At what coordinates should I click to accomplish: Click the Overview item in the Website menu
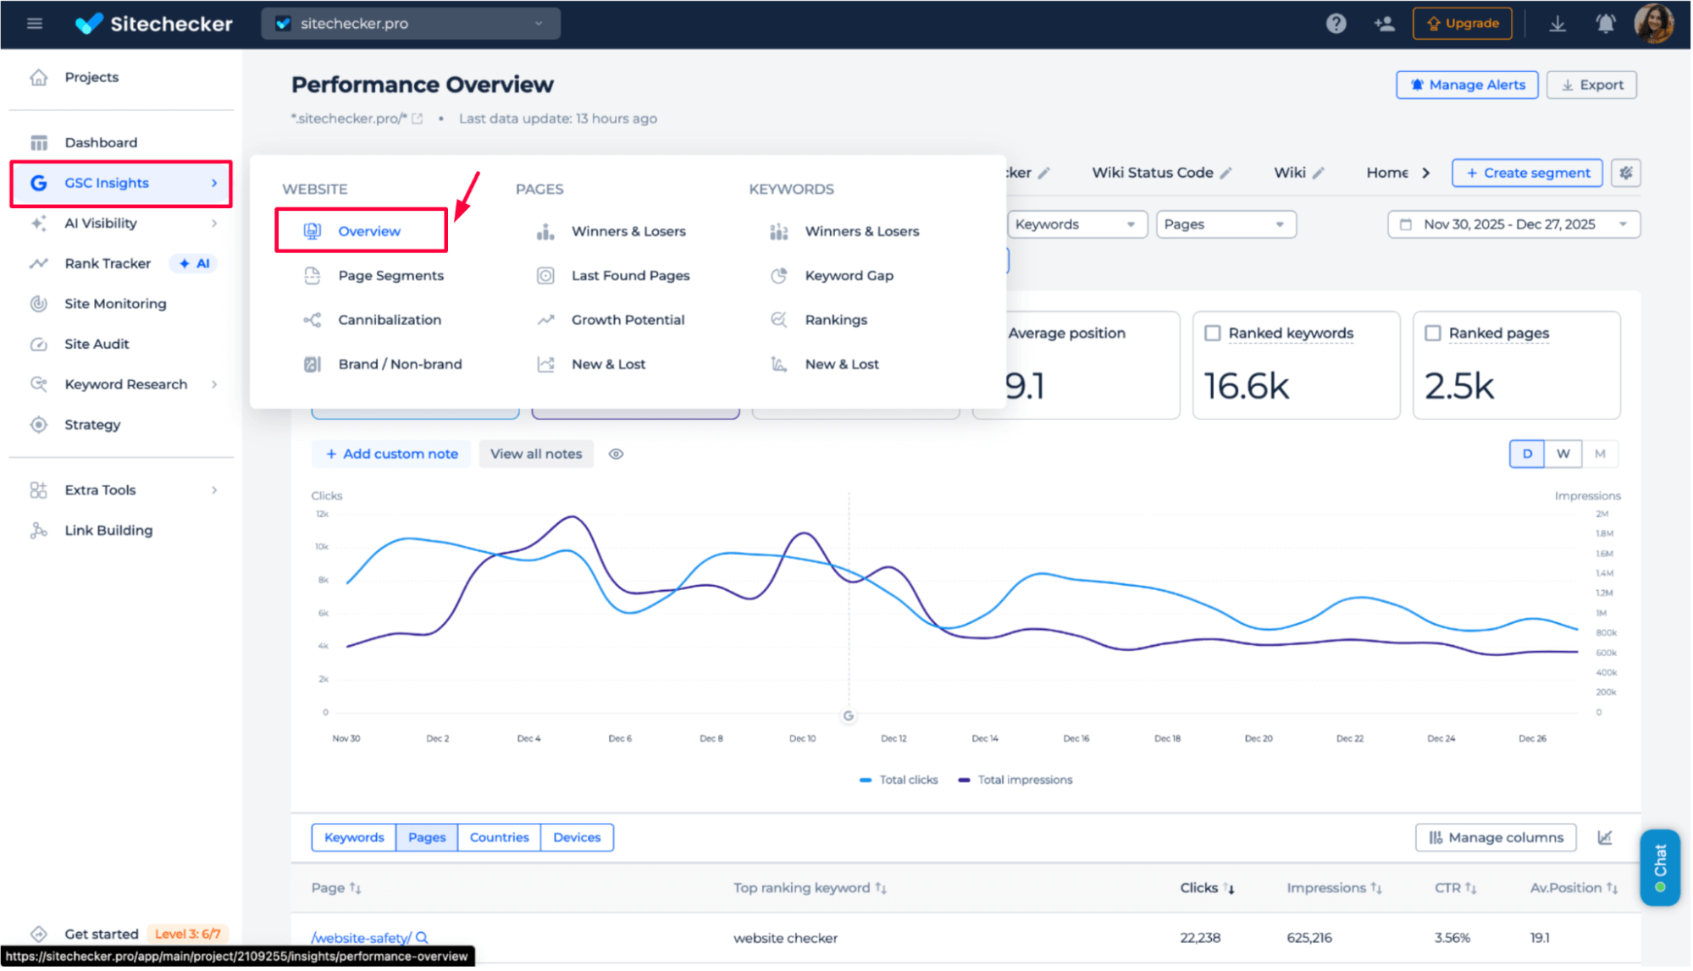point(368,231)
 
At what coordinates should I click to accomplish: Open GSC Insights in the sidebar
point(107,183)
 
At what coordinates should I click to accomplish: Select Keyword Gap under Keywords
point(849,276)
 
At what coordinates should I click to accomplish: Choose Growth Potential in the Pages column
point(628,320)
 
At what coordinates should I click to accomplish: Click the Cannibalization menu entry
point(390,320)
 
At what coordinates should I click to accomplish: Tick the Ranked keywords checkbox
point(1213,334)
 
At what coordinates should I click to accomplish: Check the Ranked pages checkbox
point(1433,334)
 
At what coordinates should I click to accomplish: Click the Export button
point(1591,85)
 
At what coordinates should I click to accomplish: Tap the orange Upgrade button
point(1463,24)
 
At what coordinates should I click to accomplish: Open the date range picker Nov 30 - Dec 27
point(1513,224)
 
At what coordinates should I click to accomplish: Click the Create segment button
point(1527,173)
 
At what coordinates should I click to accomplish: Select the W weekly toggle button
point(1563,454)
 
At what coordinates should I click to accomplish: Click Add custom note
point(392,454)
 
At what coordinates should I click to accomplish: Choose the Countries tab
point(499,837)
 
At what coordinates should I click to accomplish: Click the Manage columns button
point(1496,837)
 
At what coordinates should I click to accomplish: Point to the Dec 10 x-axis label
point(802,739)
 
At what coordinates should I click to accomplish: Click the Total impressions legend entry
point(1024,780)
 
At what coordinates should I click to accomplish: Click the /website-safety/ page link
point(362,938)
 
